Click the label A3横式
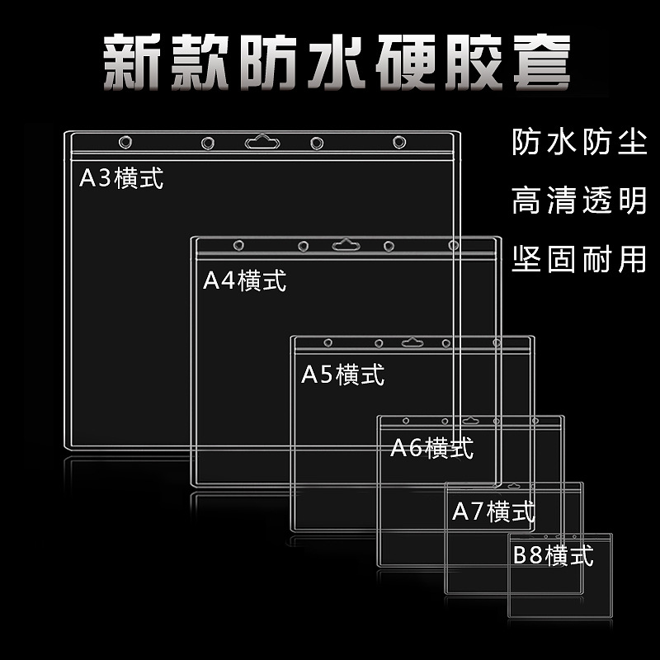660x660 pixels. pyautogui.click(x=121, y=178)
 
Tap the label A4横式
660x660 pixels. pyautogui.click(x=245, y=280)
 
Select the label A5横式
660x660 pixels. pyautogui.click(x=343, y=375)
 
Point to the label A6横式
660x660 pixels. pyautogui.click(x=431, y=448)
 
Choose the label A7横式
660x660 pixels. pyautogui.click(x=493, y=511)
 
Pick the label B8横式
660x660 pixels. pyautogui.click(x=553, y=554)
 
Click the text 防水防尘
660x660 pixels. pyautogui.click(x=578, y=144)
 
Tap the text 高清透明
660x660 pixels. pyautogui.click(x=578, y=200)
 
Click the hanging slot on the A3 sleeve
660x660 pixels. pyautogui.click(x=262, y=142)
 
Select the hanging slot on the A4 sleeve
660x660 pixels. pyautogui.click(x=346, y=245)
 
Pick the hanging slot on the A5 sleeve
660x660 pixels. pyautogui.click(x=411, y=342)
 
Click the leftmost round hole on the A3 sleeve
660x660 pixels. pyautogui.click(x=125, y=142)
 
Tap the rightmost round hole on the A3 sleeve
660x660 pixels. pyautogui.click(x=399, y=142)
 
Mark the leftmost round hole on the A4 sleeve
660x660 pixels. pyautogui.click(x=238, y=245)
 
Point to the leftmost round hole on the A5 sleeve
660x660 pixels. pyautogui.click(x=328, y=342)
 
